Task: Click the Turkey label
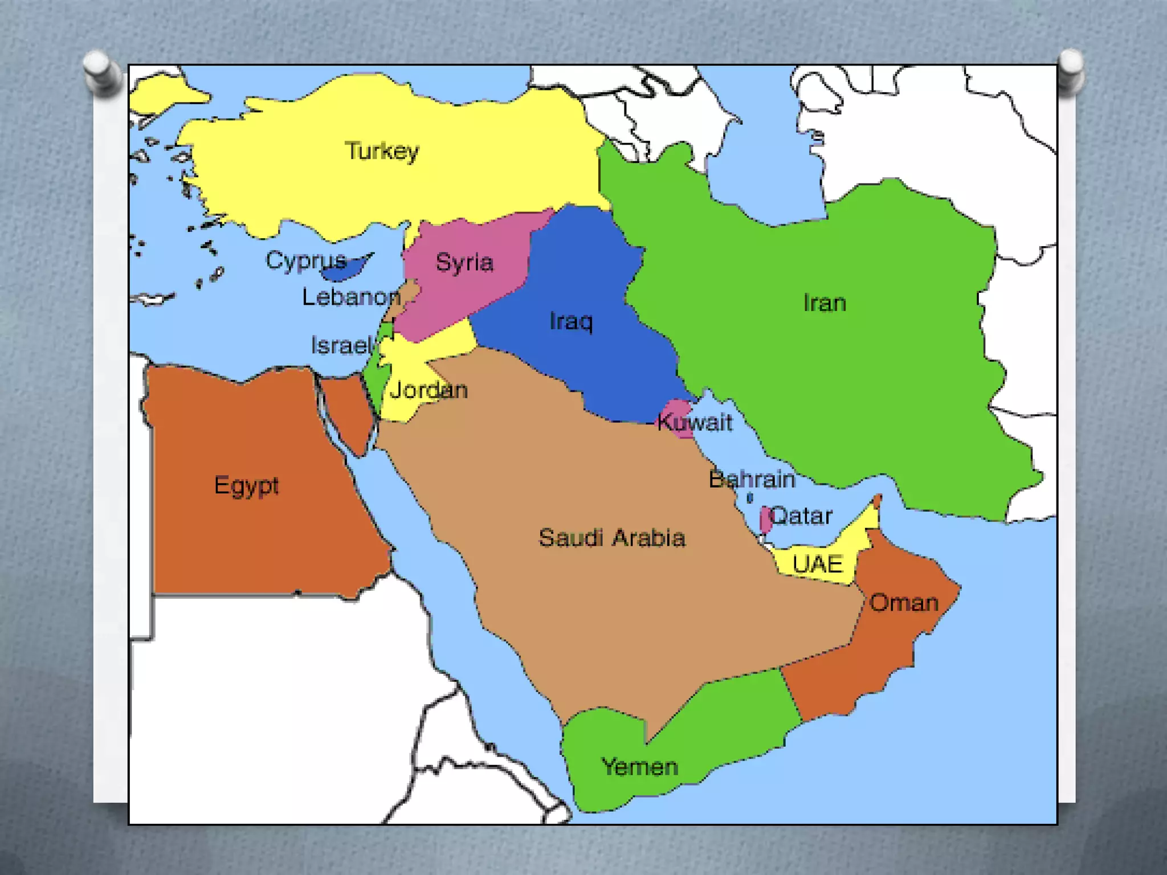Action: coord(382,151)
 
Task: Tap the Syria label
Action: coord(464,263)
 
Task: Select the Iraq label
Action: coord(571,321)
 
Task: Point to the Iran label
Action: coord(825,303)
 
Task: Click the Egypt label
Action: coord(246,485)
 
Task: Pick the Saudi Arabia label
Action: coord(611,538)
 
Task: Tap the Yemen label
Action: coord(640,767)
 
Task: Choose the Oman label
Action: coord(904,603)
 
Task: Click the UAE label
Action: coord(818,564)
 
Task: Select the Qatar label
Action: coord(801,516)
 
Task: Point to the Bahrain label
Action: coord(752,479)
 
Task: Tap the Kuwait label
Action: coord(695,422)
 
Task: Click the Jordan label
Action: coord(429,390)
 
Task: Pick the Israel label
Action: coord(341,345)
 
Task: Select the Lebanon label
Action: coord(351,297)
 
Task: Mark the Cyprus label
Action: coord(306,260)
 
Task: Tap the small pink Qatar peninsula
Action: coord(765,520)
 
